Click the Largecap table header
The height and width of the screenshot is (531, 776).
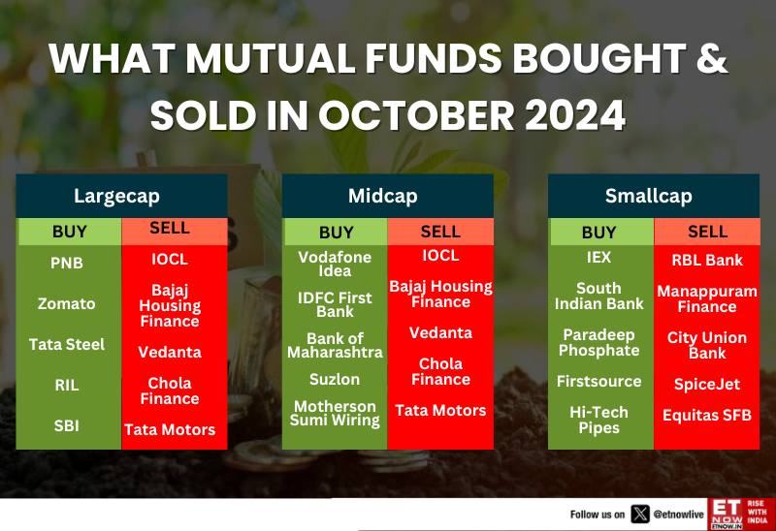click(116, 196)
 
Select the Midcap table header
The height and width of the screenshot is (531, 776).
click(382, 196)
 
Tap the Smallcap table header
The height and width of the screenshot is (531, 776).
click(648, 196)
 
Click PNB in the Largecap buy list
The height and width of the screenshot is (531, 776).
click(67, 263)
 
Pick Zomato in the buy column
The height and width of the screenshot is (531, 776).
click(66, 303)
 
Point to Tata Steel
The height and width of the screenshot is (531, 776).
click(67, 344)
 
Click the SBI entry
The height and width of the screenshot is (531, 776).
click(66, 425)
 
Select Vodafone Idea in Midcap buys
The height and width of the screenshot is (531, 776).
click(335, 264)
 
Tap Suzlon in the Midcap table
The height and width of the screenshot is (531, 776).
click(335, 379)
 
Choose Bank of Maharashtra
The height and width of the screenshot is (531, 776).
click(335, 345)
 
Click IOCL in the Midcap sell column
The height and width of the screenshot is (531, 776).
click(440, 255)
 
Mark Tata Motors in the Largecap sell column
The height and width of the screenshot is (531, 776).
click(170, 429)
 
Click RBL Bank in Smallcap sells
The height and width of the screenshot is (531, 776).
click(707, 260)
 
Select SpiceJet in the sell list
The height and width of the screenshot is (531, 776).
click(707, 384)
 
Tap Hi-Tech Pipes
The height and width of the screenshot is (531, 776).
click(598, 420)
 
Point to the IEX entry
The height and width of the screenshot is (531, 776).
click(598, 257)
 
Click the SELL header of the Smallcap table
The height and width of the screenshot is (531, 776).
click(707, 232)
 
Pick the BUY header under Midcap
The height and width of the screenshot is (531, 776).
click(336, 232)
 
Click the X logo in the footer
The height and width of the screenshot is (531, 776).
click(640, 515)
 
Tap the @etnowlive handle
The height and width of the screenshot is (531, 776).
click(678, 515)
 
